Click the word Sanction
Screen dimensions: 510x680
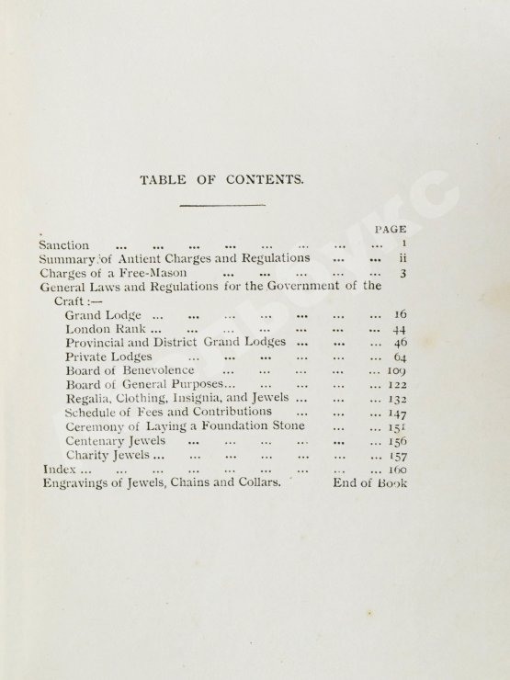[64, 245]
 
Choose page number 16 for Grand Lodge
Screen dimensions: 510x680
[400, 314]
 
